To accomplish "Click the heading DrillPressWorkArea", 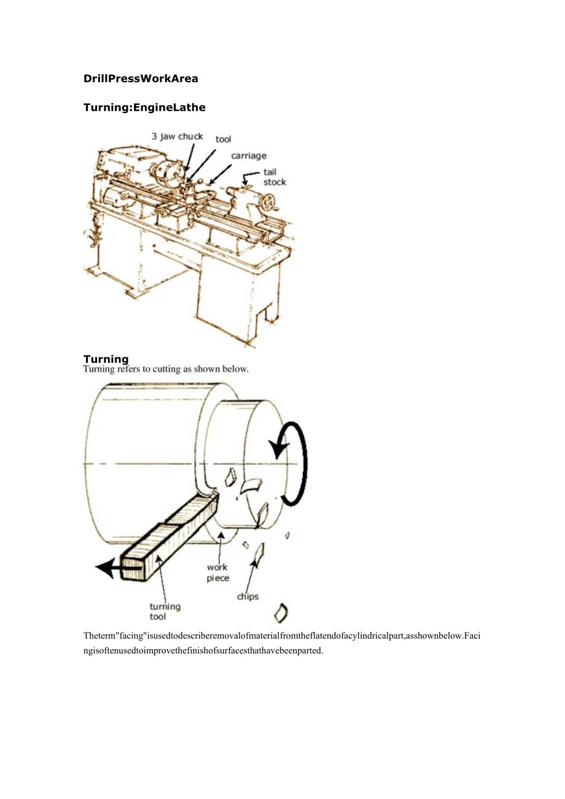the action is click(x=141, y=79).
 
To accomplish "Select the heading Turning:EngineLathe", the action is click(x=144, y=107).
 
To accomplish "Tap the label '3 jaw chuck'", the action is click(x=177, y=136).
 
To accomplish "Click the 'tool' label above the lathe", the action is click(x=224, y=139).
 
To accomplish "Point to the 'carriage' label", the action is click(x=249, y=156).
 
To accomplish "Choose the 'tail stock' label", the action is click(x=275, y=177).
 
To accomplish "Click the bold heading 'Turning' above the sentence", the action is click(x=106, y=359).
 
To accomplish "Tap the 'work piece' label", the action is click(x=218, y=573).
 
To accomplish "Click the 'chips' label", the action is click(x=248, y=596).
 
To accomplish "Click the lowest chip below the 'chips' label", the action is click(x=281, y=613).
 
